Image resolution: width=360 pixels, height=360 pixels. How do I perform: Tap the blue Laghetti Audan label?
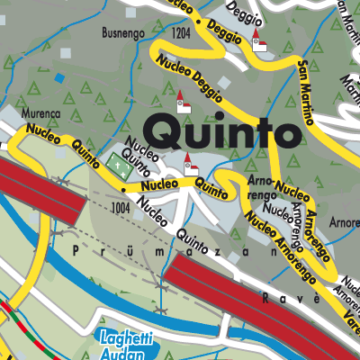121,346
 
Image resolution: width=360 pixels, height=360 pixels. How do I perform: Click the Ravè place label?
278,296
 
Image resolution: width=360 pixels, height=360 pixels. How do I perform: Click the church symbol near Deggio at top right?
259,41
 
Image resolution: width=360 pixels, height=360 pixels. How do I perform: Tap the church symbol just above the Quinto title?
184,102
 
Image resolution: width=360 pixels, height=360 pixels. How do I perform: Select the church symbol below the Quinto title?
190,166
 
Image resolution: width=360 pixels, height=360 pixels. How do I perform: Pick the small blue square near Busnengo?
59,77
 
